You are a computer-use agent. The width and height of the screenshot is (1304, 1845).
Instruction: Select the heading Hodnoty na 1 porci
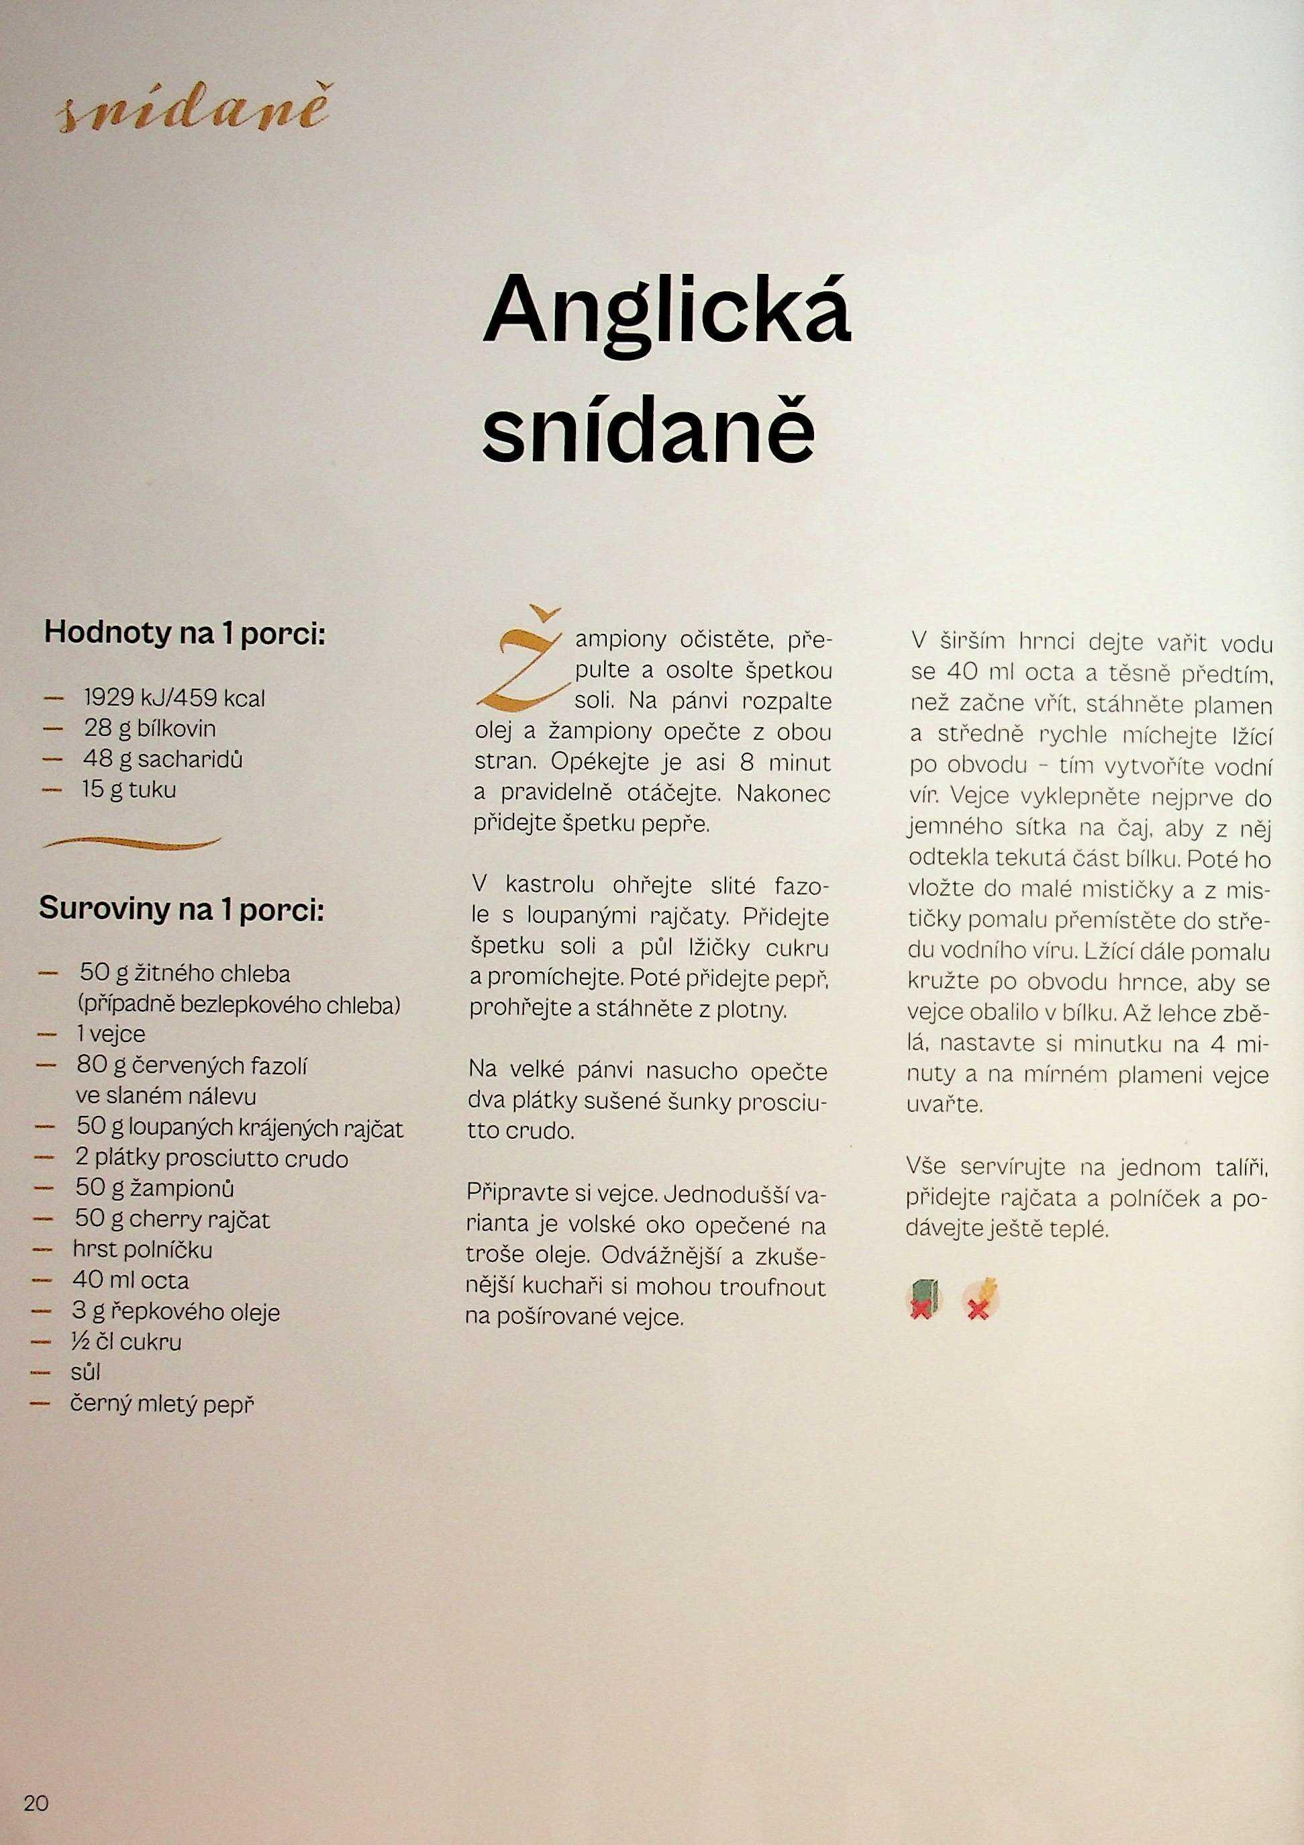[185, 632]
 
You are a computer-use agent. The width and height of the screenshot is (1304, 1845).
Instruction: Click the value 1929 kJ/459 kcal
[174, 698]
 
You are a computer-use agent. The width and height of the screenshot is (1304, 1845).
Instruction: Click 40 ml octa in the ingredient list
[130, 1280]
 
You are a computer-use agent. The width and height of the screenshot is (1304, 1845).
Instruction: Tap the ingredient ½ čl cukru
[126, 1341]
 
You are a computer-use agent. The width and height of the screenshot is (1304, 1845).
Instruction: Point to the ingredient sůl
[85, 1372]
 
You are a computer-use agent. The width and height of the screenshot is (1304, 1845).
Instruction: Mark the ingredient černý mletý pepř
[162, 1404]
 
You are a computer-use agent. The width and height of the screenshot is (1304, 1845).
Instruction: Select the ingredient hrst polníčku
[142, 1249]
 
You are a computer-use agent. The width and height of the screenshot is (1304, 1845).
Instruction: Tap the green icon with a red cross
[924, 1298]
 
